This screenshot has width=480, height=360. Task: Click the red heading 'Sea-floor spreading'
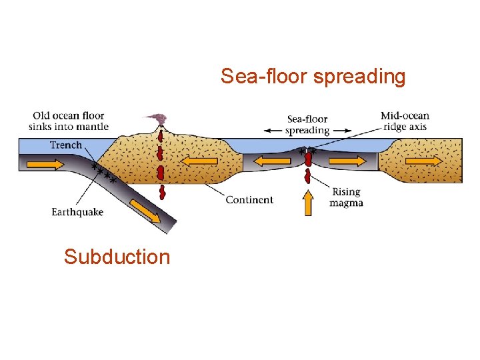coord(313,77)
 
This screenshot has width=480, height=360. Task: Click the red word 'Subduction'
coord(117,257)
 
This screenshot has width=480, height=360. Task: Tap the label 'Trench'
coord(66,145)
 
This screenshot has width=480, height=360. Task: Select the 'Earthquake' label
coord(77,213)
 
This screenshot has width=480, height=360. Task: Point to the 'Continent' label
coord(249,199)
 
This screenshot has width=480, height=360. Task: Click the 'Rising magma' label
coord(347,197)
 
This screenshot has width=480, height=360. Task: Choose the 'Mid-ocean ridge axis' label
coord(405,121)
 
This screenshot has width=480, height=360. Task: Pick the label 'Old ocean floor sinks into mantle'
coord(69,121)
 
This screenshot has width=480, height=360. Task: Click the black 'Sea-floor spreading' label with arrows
coord(307,125)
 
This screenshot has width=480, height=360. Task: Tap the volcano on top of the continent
coord(159,121)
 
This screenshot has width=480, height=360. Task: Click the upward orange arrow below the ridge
coord(308,202)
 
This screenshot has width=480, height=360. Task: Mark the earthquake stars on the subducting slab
coord(104,173)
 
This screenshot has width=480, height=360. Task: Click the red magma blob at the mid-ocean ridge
coord(308,162)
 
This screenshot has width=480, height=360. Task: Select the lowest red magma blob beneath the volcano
coord(162,193)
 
